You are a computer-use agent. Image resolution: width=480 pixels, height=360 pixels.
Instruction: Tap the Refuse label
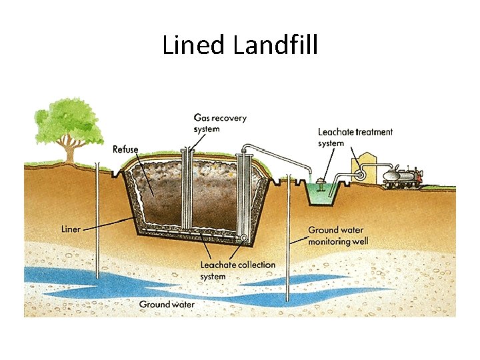pos(125,149)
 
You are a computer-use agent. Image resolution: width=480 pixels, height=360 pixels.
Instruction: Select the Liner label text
pos(71,229)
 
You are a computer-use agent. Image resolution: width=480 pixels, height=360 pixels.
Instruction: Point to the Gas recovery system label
pos(219,123)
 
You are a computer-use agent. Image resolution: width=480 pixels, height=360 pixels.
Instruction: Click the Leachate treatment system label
pos(355,137)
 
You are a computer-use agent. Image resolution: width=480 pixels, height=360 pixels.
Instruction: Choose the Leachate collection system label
pos(237,270)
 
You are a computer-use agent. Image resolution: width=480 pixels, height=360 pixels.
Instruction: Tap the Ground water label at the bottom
pos(167,305)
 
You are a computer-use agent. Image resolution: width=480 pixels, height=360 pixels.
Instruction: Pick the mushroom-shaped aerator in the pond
pos(322,183)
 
